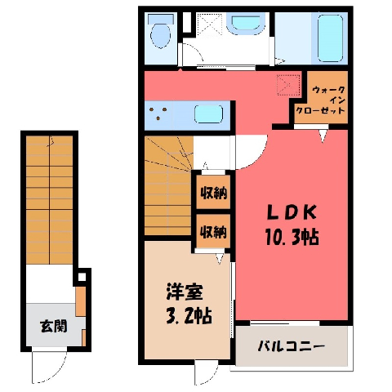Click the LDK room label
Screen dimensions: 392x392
pos(292,212)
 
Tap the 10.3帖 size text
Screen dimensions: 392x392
pos(292,236)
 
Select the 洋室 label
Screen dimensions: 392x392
pos(185,292)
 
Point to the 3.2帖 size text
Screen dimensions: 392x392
pos(189,315)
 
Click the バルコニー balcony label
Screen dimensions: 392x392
pos(291,346)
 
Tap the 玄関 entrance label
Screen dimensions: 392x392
pos(54,326)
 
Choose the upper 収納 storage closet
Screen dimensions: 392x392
pos(213,193)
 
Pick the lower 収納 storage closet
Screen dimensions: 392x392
pos(213,231)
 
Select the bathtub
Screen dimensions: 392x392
pos(330,38)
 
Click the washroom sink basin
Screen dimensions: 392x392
pos(246,23)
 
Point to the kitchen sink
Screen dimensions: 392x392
pos(208,114)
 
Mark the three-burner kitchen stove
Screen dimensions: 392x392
pos(158,114)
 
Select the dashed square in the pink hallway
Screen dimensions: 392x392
pos(288,85)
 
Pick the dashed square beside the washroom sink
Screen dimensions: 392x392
pos(210,24)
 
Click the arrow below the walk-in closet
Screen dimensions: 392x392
pos(323,136)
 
